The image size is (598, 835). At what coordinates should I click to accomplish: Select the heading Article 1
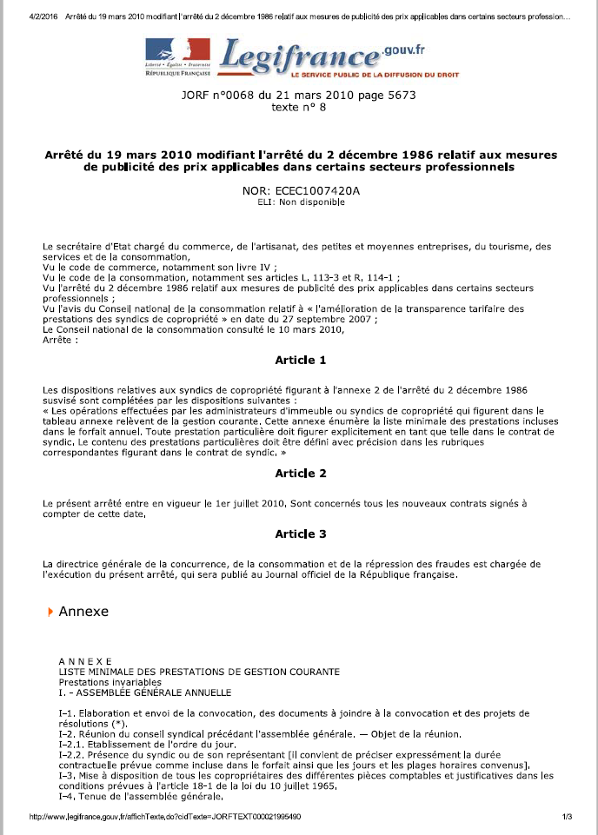[x=301, y=360]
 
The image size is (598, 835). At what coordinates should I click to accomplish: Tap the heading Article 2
[x=301, y=473]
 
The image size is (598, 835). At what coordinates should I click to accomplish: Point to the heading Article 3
[x=301, y=533]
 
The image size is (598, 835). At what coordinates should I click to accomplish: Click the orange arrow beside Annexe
[x=50, y=612]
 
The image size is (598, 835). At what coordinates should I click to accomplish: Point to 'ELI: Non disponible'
[x=301, y=202]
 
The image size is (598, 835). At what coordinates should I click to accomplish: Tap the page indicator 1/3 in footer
[x=567, y=818]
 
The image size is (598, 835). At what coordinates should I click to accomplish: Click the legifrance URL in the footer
[x=166, y=818]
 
